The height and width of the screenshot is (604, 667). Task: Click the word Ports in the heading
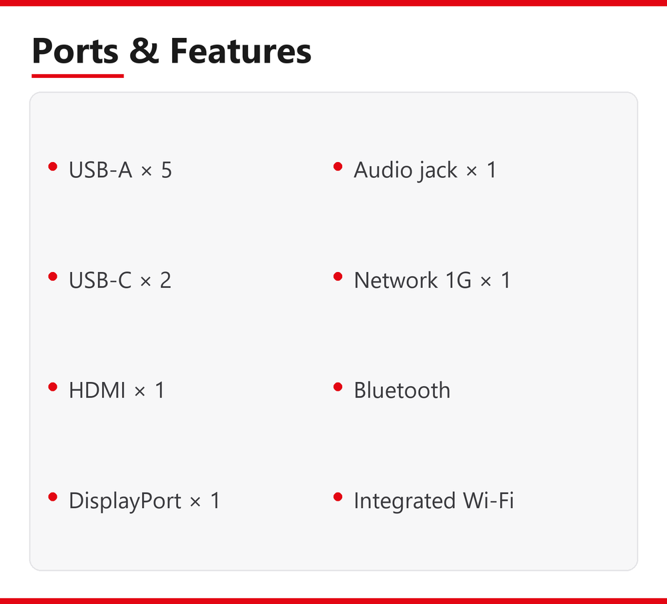tap(75, 51)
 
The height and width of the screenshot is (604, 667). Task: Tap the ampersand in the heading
tap(144, 51)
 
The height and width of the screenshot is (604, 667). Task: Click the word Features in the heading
tap(241, 51)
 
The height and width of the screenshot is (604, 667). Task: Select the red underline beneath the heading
tap(77, 76)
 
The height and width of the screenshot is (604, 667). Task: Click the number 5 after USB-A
tap(166, 170)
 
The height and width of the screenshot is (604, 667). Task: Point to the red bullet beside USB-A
tap(53, 166)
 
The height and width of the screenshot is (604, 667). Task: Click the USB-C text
tap(101, 280)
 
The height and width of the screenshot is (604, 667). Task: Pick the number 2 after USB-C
tap(165, 280)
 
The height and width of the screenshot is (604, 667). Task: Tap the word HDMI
tap(97, 390)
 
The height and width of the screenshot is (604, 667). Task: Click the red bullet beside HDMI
tap(53, 387)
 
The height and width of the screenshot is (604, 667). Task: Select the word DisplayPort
tap(125, 501)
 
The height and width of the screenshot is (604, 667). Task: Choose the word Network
tap(396, 280)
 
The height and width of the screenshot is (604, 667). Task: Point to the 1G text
tap(459, 280)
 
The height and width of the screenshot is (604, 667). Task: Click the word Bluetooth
tap(402, 390)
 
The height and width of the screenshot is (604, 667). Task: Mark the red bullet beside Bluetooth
tap(338, 387)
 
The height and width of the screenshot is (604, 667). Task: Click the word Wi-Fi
tap(488, 500)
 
